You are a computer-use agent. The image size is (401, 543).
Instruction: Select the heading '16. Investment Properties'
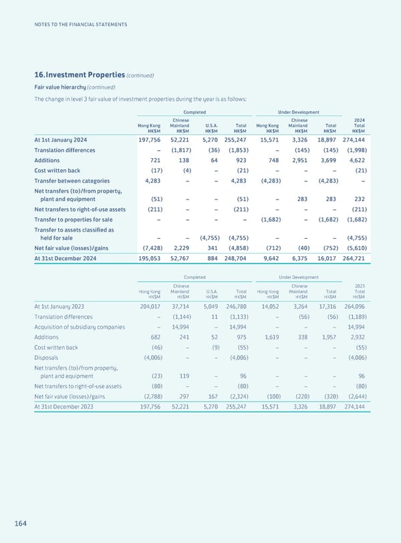click(x=80, y=75)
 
